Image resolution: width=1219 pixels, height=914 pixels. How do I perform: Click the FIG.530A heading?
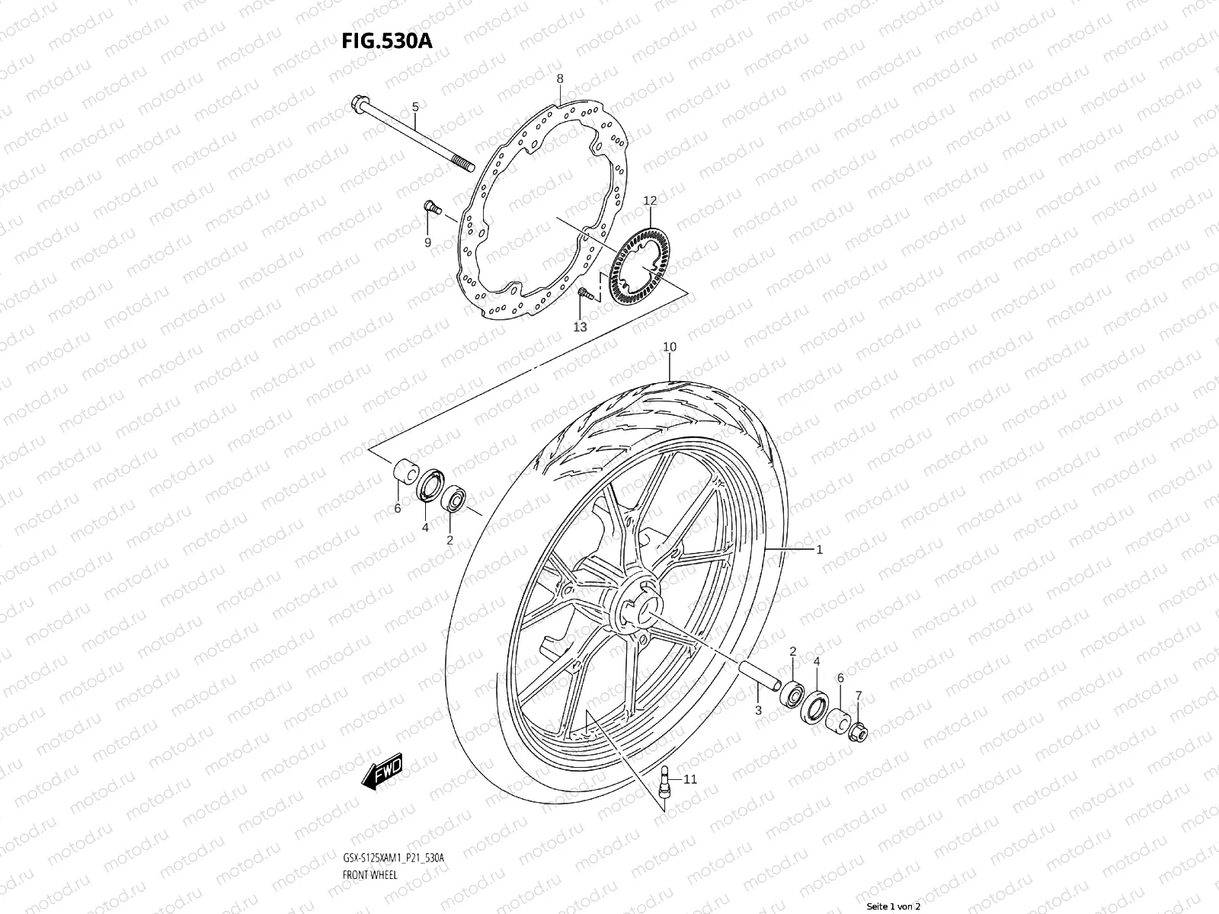point(386,40)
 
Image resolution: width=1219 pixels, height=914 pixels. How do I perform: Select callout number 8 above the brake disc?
point(559,78)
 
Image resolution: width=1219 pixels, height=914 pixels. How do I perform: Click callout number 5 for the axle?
point(415,107)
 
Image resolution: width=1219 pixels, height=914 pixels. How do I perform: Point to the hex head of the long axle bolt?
point(360,104)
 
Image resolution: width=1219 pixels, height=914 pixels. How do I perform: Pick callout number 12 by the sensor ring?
point(649,201)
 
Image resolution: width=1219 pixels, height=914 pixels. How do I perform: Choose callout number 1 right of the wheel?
point(819,549)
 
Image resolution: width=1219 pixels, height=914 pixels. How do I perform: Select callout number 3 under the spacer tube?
point(758,710)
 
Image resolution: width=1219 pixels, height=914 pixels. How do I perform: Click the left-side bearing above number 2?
point(455,498)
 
